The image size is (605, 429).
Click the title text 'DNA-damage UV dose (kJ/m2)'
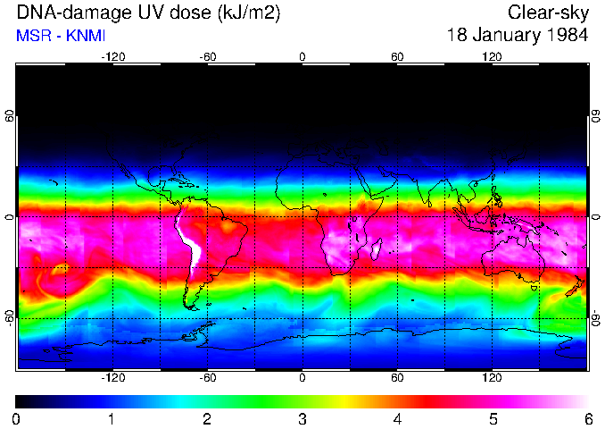pos(133,13)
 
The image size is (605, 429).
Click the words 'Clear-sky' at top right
pos(548,13)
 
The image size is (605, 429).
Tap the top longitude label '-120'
pos(112,57)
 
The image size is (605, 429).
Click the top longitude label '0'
pos(302,57)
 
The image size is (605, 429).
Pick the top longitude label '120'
pos(492,57)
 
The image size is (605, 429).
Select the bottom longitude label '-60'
pos(207,378)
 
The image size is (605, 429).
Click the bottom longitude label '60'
pos(397,378)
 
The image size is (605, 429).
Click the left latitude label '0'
pos(10,217)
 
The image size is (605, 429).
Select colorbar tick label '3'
pos(302,418)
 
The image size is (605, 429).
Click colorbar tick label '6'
pos(587,418)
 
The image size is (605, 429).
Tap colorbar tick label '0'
pos(17,418)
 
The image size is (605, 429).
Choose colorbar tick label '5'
pos(493,418)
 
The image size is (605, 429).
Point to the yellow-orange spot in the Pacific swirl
pos(61,266)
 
